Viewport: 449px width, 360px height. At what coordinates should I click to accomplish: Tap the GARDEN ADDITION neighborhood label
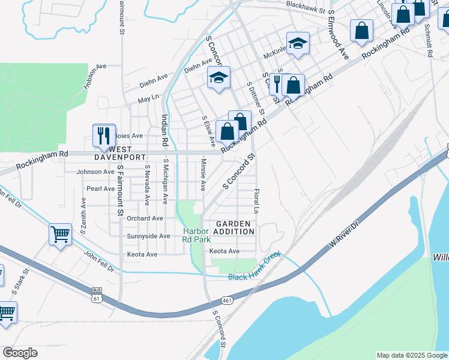coord(231,227)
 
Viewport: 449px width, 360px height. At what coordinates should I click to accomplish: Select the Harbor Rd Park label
coord(196,235)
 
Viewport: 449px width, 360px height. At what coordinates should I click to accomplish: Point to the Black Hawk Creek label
coord(255,275)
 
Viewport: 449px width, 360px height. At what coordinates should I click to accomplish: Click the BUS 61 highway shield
coord(97,293)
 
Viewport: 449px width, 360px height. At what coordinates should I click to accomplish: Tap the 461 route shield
coord(226,300)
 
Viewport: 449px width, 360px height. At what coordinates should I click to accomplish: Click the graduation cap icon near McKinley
coord(297,43)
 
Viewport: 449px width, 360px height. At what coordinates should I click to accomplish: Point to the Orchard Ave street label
coord(145,218)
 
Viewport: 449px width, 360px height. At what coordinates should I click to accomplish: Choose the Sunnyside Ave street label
coord(148,236)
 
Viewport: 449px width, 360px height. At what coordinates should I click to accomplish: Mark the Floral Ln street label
coord(256,203)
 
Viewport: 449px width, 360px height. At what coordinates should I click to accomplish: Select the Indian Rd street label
coord(164,131)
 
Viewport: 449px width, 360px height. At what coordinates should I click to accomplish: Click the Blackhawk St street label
coord(305,10)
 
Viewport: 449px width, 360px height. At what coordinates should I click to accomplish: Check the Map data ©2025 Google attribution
coord(411,355)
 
